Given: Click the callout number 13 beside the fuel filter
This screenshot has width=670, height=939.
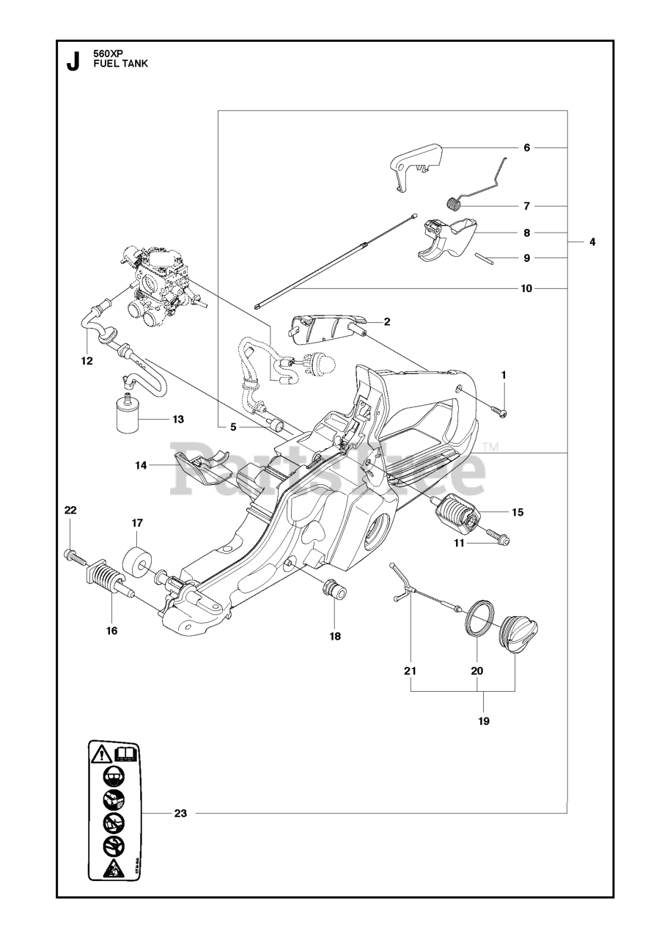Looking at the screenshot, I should click(178, 420).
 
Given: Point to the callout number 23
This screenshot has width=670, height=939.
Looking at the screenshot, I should click(181, 813).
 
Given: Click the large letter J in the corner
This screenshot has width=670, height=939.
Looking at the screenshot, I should click(73, 62).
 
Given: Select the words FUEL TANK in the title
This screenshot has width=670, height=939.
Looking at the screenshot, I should click(121, 64).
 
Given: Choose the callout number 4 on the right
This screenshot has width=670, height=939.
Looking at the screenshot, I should click(591, 241).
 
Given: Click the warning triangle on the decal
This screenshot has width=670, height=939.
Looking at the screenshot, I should click(101, 752).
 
